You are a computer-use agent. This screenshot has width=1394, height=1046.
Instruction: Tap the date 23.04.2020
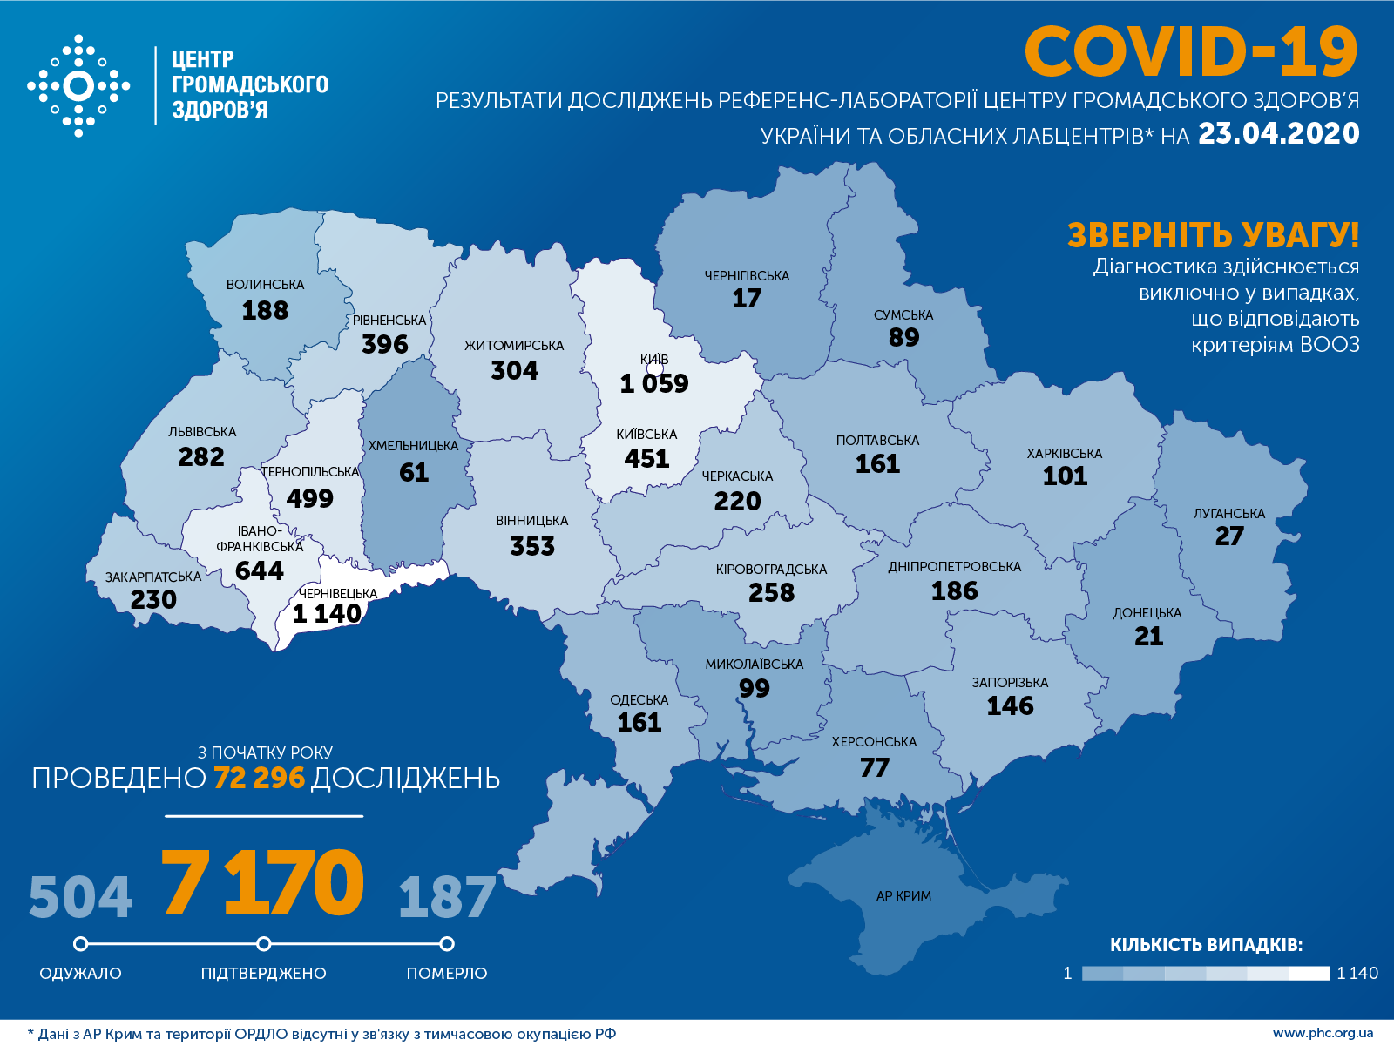click(1278, 133)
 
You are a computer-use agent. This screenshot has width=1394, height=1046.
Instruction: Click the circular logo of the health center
click(78, 86)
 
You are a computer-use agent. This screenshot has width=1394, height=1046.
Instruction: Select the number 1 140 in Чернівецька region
click(327, 614)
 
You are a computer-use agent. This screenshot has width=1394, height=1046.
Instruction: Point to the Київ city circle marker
click(655, 368)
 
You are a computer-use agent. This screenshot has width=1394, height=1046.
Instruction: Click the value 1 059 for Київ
click(653, 383)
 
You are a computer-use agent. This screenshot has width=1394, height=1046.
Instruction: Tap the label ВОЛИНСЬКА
click(265, 285)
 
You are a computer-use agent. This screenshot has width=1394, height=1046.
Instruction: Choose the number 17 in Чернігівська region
click(747, 299)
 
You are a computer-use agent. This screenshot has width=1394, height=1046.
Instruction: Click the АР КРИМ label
click(903, 896)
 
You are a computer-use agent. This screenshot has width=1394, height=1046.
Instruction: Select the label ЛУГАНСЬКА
click(1228, 514)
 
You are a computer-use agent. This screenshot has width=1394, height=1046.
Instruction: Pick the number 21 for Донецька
click(1148, 637)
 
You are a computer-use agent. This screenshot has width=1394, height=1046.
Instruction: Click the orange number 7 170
click(262, 883)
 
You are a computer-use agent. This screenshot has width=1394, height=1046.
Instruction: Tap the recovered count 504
click(80, 897)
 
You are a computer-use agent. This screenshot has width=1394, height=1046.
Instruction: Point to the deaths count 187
click(447, 897)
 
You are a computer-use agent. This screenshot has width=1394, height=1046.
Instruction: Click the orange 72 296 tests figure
click(259, 778)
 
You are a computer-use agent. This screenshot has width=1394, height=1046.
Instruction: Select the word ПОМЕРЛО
click(447, 974)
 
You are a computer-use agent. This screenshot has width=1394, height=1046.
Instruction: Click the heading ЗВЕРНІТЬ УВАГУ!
click(1213, 235)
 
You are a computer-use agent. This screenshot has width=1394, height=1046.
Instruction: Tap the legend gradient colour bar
click(1205, 973)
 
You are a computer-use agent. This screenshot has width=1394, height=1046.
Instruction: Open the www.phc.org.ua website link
click(1323, 1034)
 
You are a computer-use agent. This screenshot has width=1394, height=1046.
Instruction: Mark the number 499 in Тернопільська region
click(309, 498)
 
